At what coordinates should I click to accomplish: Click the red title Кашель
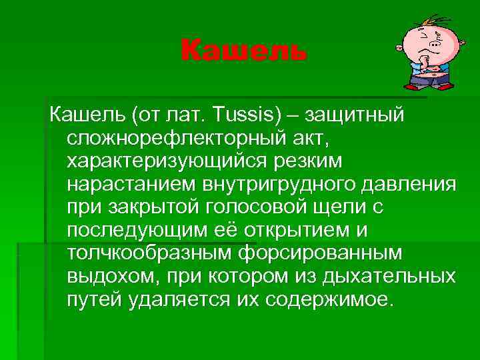pos(244,51)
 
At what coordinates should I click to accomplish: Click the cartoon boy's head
pos(421,44)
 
